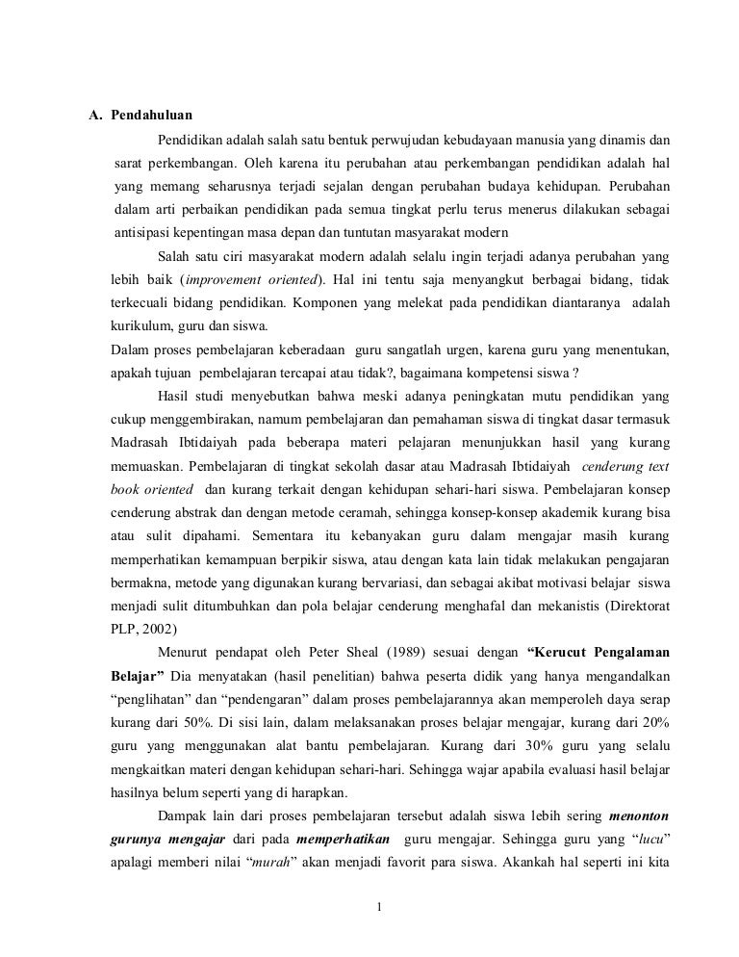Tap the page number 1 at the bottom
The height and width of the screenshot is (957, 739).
tap(381, 905)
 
